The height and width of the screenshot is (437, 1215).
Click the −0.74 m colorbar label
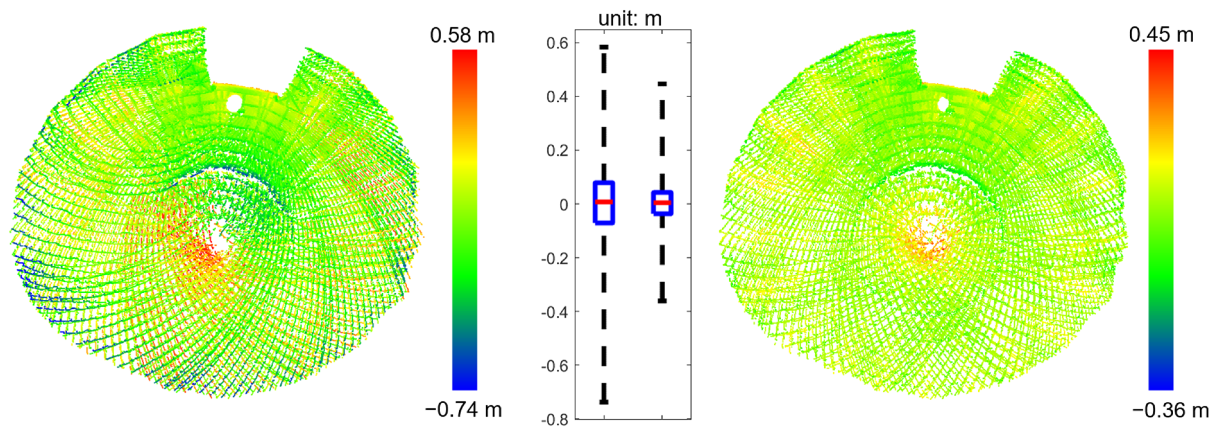coord(463,410)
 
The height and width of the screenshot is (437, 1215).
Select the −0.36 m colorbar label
coord(1170,411)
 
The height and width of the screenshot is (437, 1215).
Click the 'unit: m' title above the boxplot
coord(630,19)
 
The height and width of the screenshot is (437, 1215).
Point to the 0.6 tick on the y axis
coord(557,43)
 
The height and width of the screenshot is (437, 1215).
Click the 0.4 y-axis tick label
coord(557,97)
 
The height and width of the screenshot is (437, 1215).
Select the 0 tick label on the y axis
coord(564,205)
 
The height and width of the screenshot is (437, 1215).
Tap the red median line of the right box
coord(662,203)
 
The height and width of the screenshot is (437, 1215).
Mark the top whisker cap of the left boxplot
coord(604,47)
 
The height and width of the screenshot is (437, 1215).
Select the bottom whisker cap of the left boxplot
coord(604,402)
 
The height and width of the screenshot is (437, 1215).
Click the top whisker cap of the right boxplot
coord(662,84)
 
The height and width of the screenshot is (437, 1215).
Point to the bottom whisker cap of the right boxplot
coord(662,301)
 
